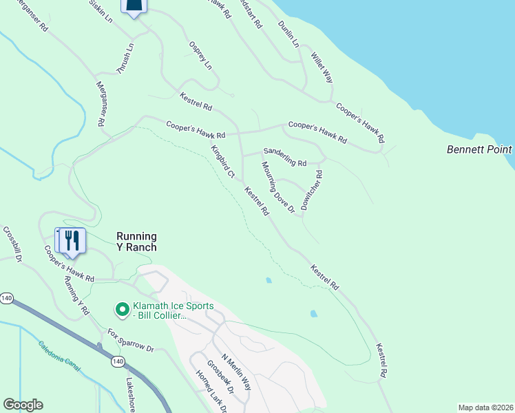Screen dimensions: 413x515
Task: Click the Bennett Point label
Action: (479, 149)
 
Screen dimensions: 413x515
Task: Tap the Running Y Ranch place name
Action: (136, 242)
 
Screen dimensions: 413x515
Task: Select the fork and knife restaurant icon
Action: (72, 240)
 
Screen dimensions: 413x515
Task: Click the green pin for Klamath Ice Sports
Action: (122, 310)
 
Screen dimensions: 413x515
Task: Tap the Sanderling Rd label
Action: (284, 158)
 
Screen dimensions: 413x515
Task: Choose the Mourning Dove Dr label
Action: (277, 187)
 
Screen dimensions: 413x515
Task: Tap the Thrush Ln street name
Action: (125, 59)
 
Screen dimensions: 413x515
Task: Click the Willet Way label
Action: (322, 67)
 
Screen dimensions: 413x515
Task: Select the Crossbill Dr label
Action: (13, 244)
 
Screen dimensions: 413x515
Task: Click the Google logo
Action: (23, 405)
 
